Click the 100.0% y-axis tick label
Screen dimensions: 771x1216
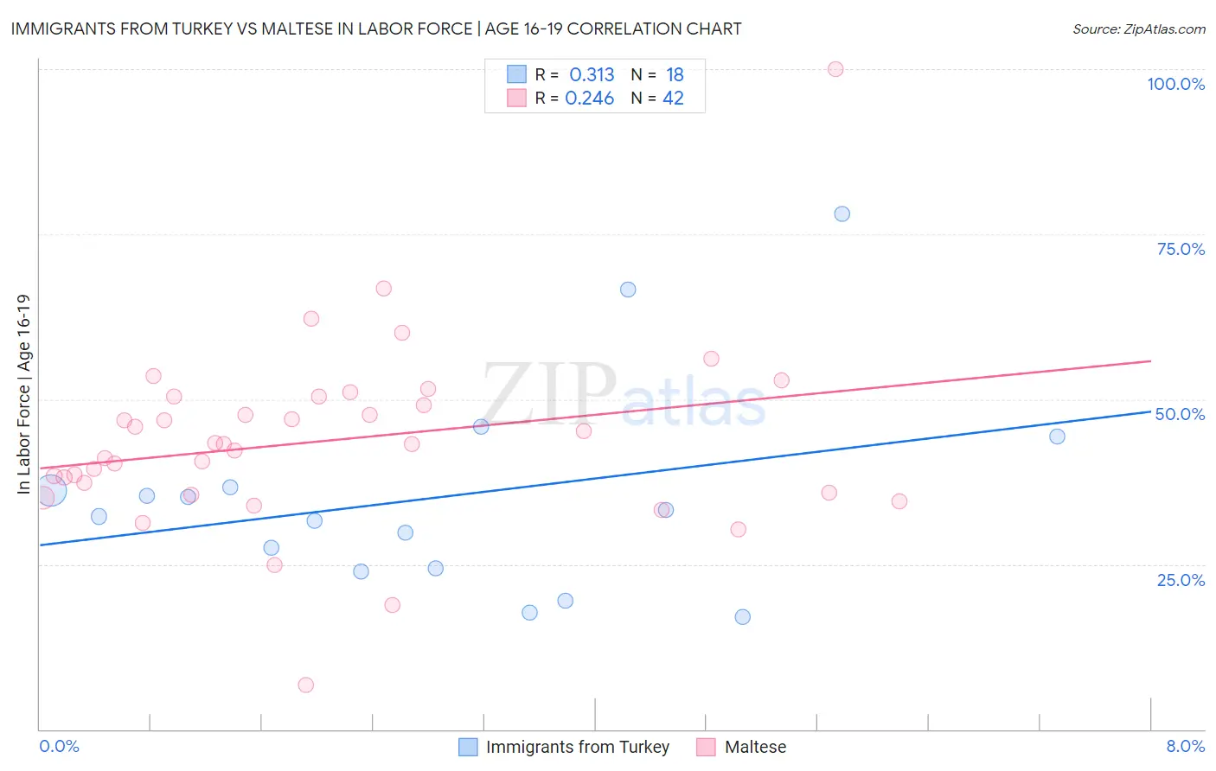(1175, 84)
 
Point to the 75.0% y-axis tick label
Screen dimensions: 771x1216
(1181, 249)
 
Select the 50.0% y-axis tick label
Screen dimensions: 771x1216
(1180, 414)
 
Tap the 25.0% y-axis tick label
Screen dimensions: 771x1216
(1181, 579)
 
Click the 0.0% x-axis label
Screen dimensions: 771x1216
(59, 746)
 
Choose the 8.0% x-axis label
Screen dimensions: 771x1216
(1185, 746)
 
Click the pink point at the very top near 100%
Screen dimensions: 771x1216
(835, 69)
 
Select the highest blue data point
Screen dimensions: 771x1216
(842, 213)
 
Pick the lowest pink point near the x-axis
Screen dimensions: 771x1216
(305, 685)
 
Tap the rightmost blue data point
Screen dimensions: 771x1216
(1057, 436)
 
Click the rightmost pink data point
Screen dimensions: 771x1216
(899, 501)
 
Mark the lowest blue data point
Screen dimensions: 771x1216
(742, 616)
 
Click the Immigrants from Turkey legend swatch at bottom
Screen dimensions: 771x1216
(468, 747)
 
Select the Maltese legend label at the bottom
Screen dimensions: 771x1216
(755, 747)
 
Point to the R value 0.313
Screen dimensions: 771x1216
(592, 74)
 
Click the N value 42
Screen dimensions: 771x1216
(673, 99)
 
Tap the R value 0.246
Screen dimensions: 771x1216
(589, 99)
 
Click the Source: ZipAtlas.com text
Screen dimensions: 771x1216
(1138, 29)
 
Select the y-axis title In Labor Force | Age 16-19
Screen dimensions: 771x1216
(23, 394)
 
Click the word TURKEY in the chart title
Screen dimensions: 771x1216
(202, 29)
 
